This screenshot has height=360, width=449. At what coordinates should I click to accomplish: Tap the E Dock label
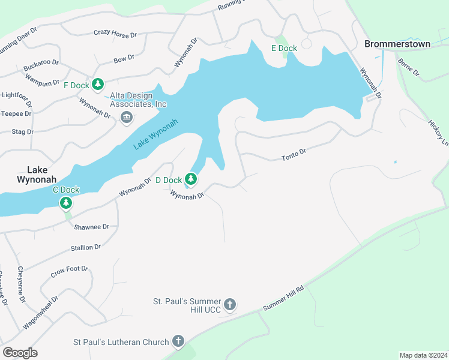[x=284, y=48]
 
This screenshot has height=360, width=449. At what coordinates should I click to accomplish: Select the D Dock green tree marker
[x=191, y=179]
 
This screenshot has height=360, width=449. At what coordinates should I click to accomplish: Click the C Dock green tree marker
[x=65, y=203]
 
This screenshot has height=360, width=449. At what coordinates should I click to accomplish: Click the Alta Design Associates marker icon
[x=126, y=116]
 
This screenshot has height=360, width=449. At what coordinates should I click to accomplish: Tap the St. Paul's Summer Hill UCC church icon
[x=229, y=305]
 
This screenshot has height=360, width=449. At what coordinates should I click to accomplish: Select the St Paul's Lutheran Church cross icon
[x=178, y=341]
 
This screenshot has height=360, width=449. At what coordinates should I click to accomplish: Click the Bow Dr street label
[x=124, y=59]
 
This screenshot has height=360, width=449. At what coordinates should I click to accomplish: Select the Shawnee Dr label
[x=91, y=227]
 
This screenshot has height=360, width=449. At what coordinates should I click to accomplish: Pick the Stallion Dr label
[x=86, y=247]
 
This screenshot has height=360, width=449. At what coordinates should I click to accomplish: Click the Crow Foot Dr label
[x=70, y=272]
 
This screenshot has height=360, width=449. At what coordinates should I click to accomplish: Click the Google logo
[x=20, y=352]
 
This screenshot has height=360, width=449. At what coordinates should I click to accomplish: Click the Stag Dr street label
[x=22, y=131]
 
